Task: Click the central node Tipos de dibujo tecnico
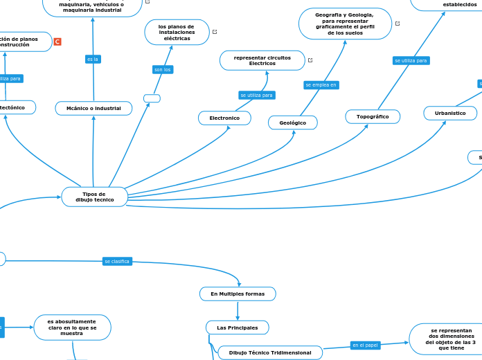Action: (94, 197)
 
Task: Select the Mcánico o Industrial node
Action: (93, 108)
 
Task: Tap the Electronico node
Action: (224, 118)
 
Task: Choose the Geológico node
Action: (292, 123)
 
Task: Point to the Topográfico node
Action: (373, 117)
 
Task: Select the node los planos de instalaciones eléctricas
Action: (177, 32)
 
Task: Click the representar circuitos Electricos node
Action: (262, 60)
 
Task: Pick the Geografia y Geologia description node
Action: (344, 24)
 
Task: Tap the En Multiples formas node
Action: (238, 294)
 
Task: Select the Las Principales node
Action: (237, 327)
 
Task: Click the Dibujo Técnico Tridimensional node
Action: (270, 353)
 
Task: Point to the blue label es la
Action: (92, 60)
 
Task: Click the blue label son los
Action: (162, 70)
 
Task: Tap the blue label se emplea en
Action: (321, 85)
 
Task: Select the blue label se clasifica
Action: (116, 261)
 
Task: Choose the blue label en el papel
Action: (365, 345)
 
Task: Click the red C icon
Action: (57, 42)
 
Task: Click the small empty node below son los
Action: (152, 98)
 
